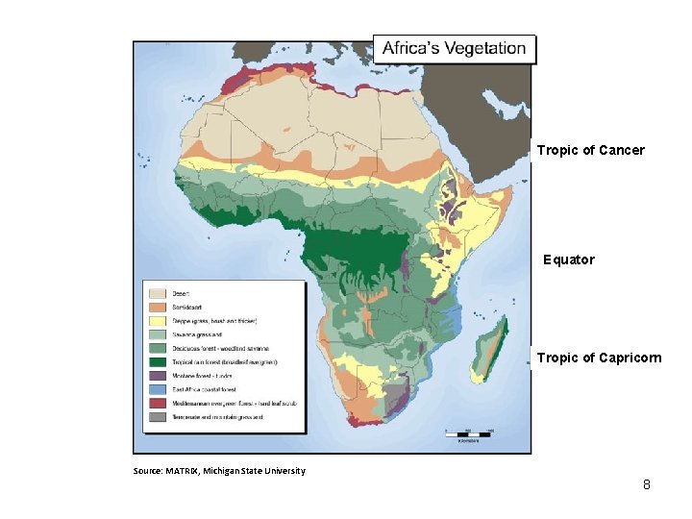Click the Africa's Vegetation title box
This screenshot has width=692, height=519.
tap(455, 49)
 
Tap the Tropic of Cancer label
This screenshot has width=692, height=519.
tap(590, 150)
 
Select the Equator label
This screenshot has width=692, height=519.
tap(569, 259)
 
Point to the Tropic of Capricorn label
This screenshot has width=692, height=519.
tap(599, 358)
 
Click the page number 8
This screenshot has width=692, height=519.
tap(647, 484)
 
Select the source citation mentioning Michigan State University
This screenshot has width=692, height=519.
tap(219, 470)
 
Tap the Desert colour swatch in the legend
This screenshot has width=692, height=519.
tap(158, 292)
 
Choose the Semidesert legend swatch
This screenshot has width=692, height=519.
tap(158, 306)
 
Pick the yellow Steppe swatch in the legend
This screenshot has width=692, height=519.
tap(158, 319)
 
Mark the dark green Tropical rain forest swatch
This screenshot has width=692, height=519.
tap(158, 361)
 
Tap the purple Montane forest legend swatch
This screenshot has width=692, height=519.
tap(158, 375)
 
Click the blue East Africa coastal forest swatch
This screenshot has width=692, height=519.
tap(158, 389)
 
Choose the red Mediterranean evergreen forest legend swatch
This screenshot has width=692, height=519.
tap(158, 403)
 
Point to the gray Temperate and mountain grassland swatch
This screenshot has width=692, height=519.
tap(158, 417)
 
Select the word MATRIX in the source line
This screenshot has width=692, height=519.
tap(182, 470)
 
